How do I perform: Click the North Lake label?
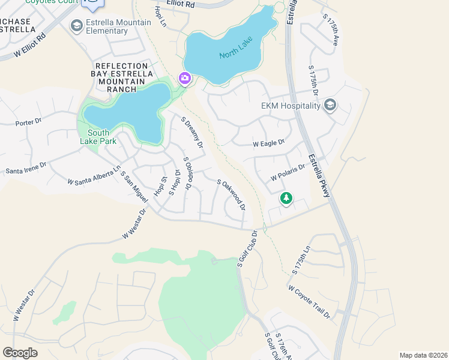point(236,47)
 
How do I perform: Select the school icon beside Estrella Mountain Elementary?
point(76,26)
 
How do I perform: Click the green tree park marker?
point(286,197)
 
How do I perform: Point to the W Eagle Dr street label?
point(268,143)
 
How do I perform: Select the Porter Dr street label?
point(28,122)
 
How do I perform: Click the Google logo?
point(20,353)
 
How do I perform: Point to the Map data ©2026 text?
point(423,355)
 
